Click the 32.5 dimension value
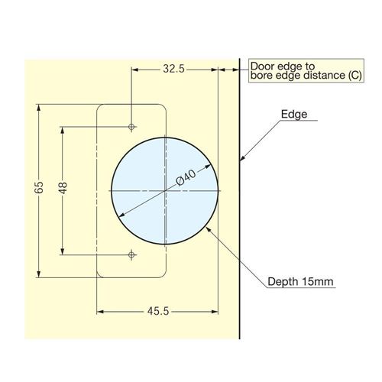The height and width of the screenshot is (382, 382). [173, 69]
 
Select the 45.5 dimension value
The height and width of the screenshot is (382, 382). [158, 311]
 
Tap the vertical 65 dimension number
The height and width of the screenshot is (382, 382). [39, 187]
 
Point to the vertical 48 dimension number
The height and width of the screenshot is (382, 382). [63, 188]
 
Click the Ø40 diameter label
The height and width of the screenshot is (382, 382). [186, 177]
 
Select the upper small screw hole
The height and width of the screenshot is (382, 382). [131, 126]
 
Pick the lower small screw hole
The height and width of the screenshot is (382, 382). [131, 254]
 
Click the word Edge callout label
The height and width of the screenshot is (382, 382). [294, 114]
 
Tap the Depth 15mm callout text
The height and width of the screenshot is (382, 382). [300, 282]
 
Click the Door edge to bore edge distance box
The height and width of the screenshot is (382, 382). [306, 70]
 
